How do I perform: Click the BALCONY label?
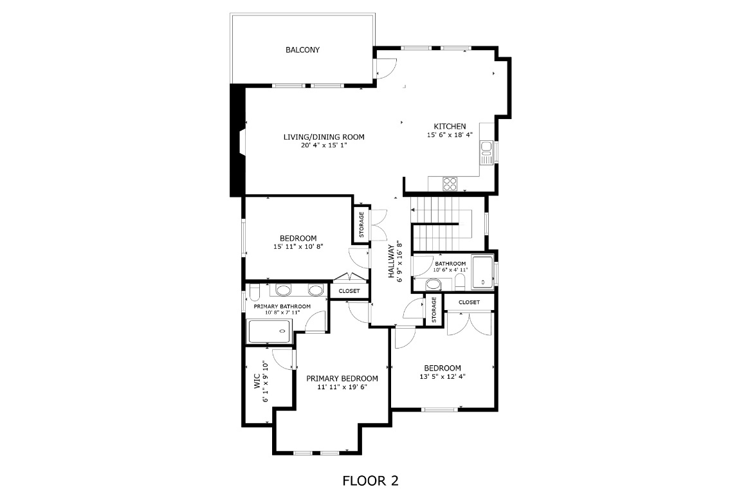point(302,50)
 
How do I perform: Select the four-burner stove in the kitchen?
point(450,184)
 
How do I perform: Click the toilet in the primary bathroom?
point(253,293)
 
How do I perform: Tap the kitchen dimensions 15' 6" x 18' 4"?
point(450,135)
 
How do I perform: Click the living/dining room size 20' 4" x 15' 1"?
point(324,145)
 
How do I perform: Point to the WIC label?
point(257,381)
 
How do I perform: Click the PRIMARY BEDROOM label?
point(342,379)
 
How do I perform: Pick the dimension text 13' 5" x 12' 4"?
point(442,377)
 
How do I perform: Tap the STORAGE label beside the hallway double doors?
point(361,224)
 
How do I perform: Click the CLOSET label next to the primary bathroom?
point(349,291)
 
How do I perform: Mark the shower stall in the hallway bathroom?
point(482,272)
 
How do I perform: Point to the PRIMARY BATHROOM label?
point(282,306)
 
